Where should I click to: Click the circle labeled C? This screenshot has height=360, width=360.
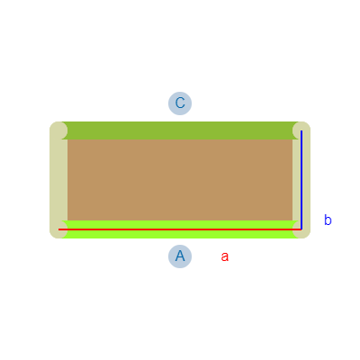[180, 103]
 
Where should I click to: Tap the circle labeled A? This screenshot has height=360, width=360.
[180, 256]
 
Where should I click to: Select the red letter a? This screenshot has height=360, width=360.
[225, 256]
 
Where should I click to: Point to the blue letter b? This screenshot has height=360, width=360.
[328, 220]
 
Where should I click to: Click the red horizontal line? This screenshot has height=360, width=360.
[180, 229]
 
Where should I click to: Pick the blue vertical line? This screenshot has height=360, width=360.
[301, 180]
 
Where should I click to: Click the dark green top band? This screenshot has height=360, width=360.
[180, 130]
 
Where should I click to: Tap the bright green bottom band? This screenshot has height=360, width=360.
[180, 229]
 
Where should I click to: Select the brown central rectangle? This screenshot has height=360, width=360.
[180, 180]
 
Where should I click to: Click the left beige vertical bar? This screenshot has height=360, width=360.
[58, 180]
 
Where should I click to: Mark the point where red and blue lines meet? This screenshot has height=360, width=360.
[301, 229]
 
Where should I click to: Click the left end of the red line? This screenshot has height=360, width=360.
[58, 229]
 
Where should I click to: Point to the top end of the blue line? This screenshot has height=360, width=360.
[301, 130]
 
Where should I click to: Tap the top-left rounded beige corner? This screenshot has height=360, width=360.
[58, 130]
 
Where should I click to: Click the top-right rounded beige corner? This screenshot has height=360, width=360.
[301, 130]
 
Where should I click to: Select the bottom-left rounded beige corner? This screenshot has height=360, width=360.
[58, 229]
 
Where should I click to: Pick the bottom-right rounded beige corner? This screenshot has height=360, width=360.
[301, 229]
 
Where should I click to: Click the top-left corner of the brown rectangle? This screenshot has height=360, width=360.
[67, 139]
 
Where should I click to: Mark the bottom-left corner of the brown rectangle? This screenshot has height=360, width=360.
[67, 220]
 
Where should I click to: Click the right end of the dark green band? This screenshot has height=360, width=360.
[298, 130]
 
